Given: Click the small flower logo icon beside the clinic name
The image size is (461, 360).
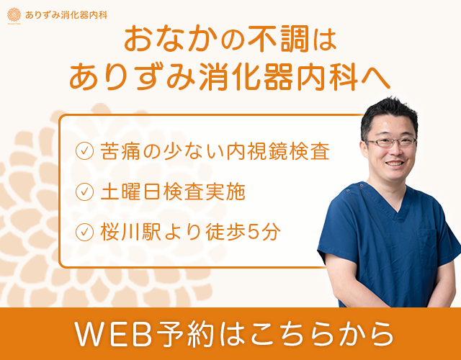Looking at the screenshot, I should click(x=14, y=14).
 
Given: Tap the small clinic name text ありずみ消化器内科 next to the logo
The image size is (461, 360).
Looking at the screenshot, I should click(x=66, y=14).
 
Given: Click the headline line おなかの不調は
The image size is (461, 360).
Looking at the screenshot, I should click(x=230, y=40).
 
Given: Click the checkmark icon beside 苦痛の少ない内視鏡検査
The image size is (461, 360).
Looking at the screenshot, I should click(x=85, y=151).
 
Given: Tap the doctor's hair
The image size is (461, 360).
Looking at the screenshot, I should click(x=389, y=112).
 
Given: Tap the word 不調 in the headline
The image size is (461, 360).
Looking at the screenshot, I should click(x=272, y=40).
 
